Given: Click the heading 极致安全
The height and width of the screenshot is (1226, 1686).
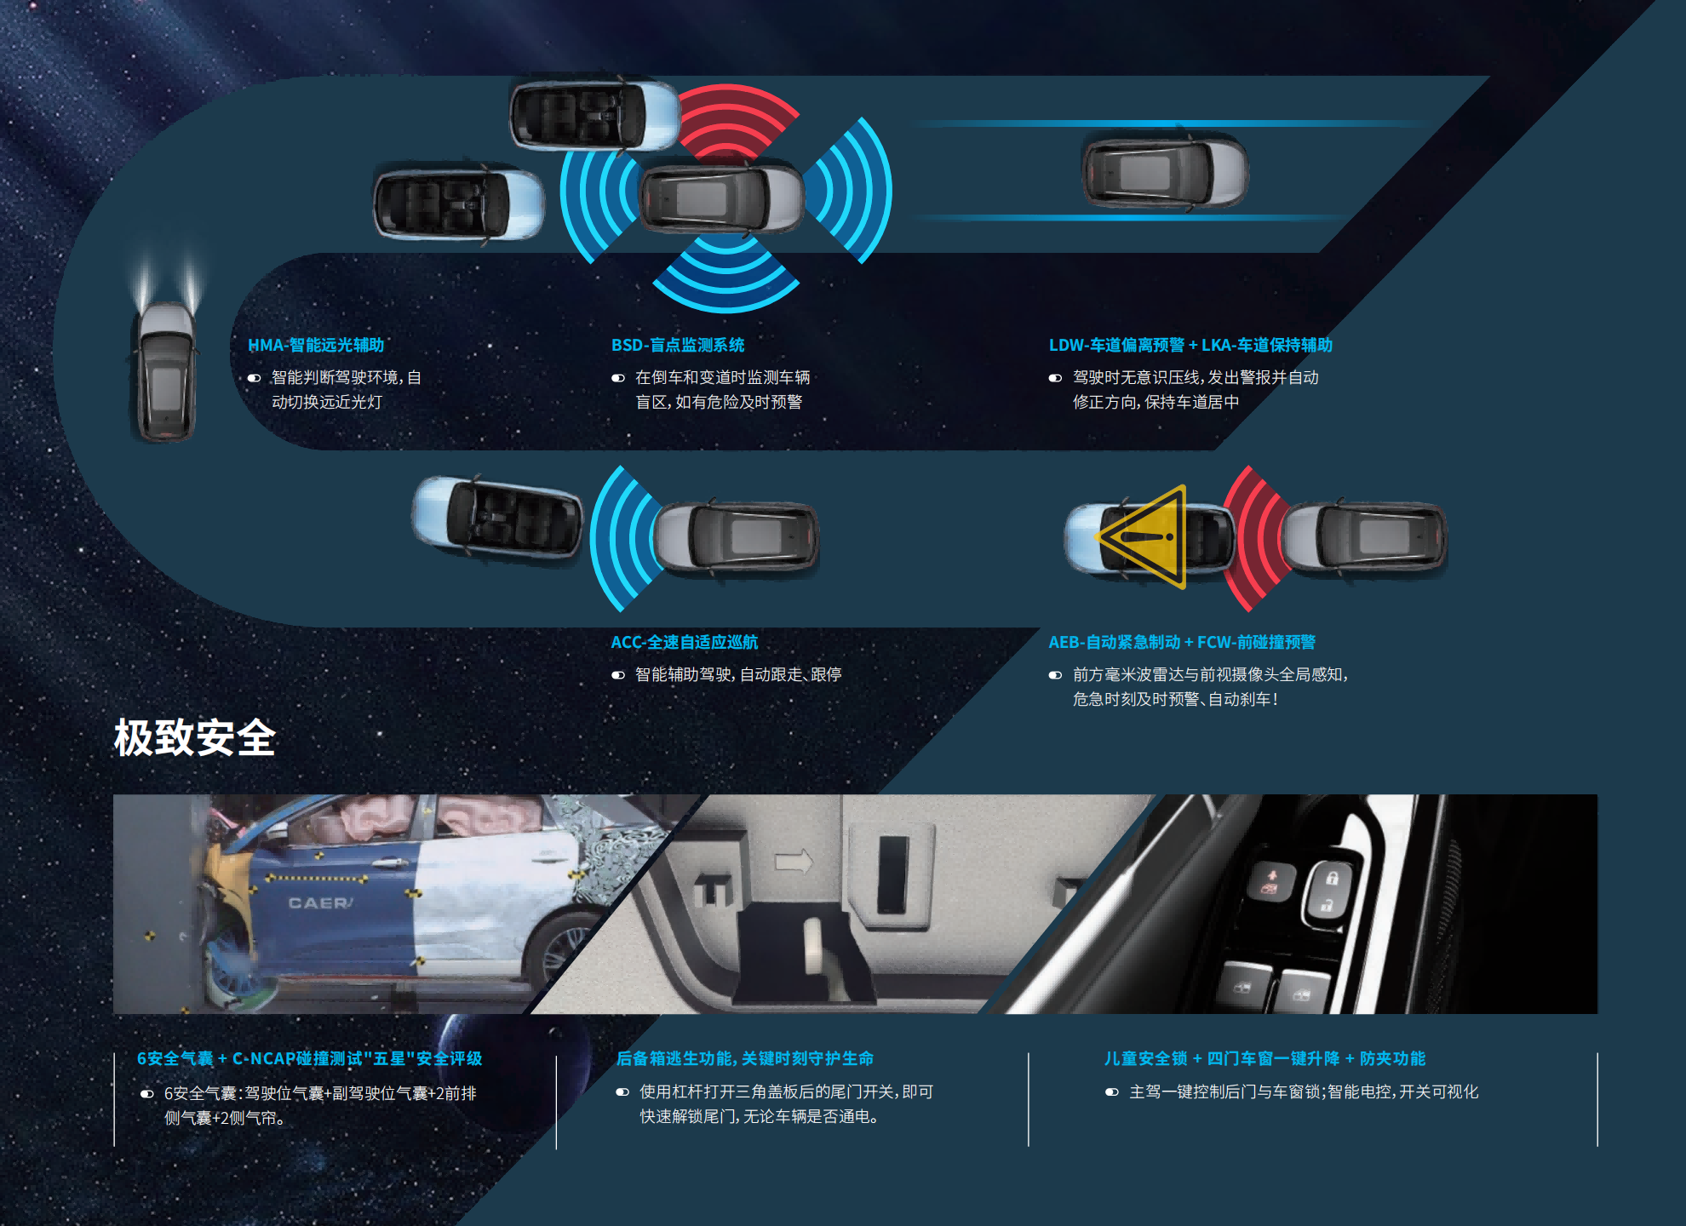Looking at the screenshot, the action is (195, 737).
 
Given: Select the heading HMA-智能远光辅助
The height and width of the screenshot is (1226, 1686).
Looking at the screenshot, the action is (316, 345).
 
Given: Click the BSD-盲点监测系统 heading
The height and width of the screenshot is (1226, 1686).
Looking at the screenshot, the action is (678, 345).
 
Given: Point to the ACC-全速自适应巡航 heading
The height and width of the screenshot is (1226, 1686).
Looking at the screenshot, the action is (684, 642).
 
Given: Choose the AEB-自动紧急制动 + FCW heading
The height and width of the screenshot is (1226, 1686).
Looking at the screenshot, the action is (1182, 642).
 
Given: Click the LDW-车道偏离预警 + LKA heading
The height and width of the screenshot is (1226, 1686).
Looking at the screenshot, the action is (1190, 345).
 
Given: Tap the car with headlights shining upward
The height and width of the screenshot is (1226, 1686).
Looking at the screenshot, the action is (167, 372).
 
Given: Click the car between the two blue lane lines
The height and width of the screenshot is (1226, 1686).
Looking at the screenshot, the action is (1165, 173).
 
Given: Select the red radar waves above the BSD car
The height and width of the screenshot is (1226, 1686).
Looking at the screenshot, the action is (737, 119).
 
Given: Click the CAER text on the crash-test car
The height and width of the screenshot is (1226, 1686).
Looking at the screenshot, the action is (320, 902).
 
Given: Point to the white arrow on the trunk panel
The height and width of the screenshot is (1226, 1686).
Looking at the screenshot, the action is (794, 862).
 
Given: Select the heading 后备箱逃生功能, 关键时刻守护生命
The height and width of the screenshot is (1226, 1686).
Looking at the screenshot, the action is (745, 1058).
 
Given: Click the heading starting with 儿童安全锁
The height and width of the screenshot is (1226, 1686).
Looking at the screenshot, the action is (1264, 1058).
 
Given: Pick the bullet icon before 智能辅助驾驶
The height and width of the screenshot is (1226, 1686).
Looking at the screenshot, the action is (618, 675).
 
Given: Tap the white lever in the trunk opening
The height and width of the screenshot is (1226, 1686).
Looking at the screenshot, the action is (816, 945).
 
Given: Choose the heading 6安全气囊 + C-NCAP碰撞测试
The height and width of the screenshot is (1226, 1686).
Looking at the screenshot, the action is (310, 1058).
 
